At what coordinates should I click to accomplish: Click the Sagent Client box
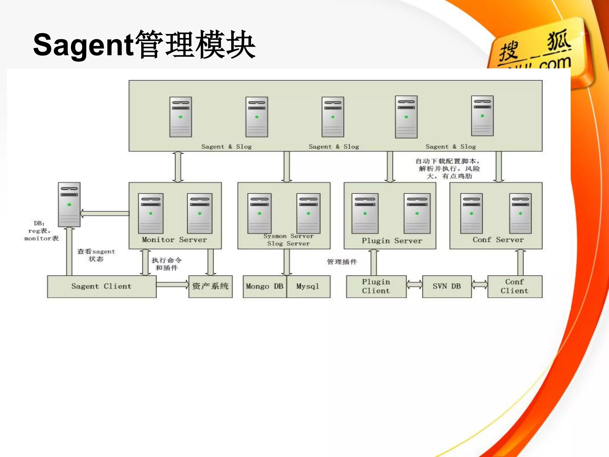click(102, 287)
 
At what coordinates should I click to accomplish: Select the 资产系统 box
click(211, 287)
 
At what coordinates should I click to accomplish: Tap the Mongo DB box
click(265, 287)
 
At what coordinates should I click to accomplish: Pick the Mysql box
click(308, 287)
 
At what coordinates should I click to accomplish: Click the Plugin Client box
click(376, 287)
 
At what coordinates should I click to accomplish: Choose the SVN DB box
click(447, 287)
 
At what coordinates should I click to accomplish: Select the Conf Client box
click(515, 287)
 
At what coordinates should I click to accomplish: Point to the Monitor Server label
click(175, 240)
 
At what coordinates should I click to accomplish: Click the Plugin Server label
click(392, 241)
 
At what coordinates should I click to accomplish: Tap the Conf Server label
click(498, 240)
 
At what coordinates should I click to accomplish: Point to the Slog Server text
click(288, 244)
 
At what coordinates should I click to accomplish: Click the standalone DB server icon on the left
click(69, 205)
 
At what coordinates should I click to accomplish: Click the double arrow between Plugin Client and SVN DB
click(415, 285)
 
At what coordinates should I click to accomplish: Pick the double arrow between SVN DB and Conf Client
click(480, 285)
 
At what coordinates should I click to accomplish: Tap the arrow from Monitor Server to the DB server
click(105, 213)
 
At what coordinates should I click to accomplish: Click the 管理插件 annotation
click(342, 262)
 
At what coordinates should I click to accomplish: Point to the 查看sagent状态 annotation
click(96, 255)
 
